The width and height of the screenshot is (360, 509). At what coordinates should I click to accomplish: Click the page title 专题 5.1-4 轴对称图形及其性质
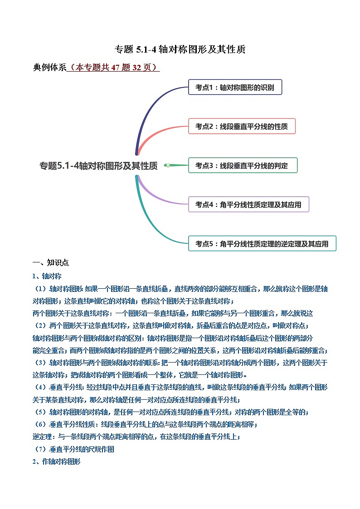point(180,49)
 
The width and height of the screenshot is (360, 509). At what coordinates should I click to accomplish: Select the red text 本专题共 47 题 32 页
point(113,68)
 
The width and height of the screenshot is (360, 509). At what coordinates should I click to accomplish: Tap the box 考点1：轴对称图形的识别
point(235,87)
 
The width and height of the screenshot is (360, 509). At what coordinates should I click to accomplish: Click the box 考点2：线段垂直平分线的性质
point(242,126)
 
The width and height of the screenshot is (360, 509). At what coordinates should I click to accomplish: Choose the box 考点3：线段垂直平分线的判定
point(243,165)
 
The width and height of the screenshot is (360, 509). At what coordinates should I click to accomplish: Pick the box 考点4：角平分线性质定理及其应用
point(248,204)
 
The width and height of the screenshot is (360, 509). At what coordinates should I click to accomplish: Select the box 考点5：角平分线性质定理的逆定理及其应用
point(262,243)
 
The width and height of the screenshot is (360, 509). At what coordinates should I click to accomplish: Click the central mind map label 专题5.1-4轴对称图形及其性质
point(99,166)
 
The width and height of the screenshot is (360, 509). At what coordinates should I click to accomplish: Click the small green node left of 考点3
point(168,165)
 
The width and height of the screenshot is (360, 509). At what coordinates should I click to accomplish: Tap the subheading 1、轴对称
point(47,276)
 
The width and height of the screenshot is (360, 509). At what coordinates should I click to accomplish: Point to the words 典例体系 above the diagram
point(49,68)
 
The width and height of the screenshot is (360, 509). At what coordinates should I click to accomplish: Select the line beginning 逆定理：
point(136,437)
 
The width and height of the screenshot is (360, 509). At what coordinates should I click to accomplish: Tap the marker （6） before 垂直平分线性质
point(40,425)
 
